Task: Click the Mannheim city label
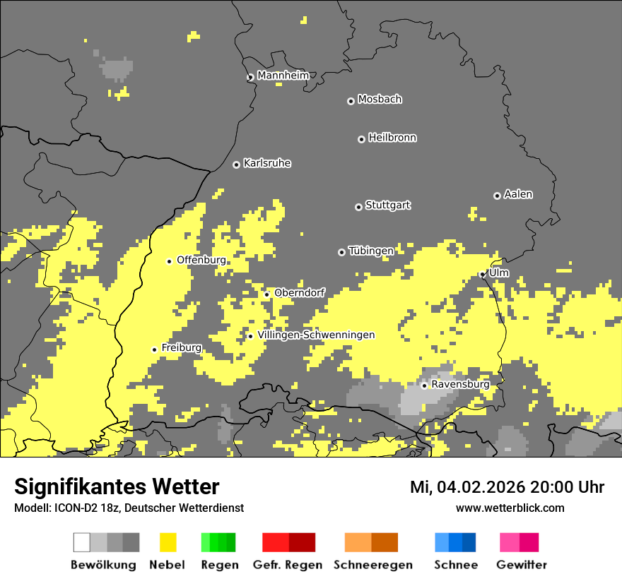283,75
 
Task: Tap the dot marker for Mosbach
351,101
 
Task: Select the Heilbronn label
392,138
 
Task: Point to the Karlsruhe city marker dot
236,165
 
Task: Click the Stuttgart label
387,205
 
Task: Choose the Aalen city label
518,194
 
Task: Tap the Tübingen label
371,251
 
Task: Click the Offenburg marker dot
169,261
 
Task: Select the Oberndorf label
299,292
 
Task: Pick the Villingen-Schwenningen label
316,335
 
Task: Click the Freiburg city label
181,347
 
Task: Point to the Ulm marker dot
482,275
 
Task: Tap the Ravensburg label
460,384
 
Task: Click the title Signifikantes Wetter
117,486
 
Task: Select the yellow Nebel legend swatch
168,542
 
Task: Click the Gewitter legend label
521,565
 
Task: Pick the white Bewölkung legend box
81,542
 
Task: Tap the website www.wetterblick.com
510,508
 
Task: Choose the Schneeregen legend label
372,565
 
